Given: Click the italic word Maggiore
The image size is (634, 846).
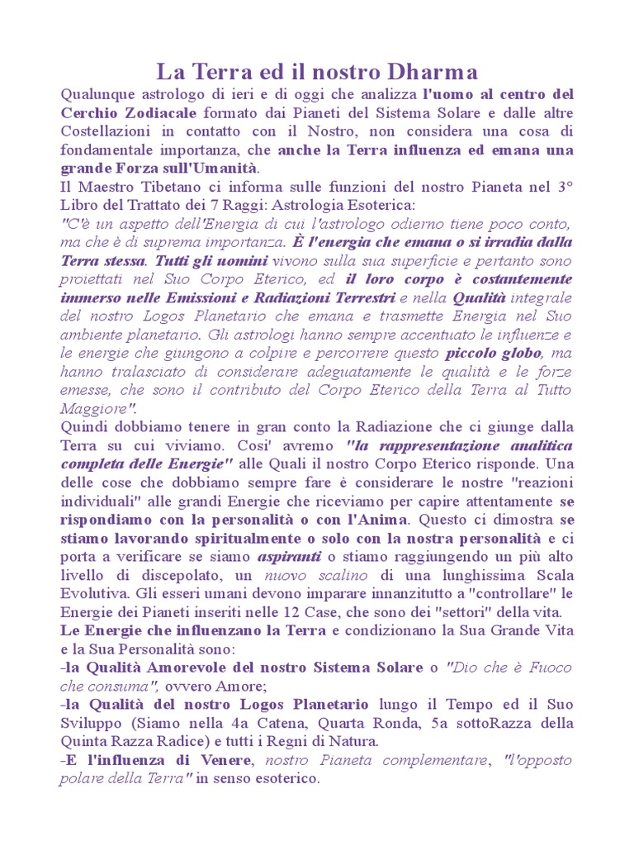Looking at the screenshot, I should [x=94, y=409].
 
